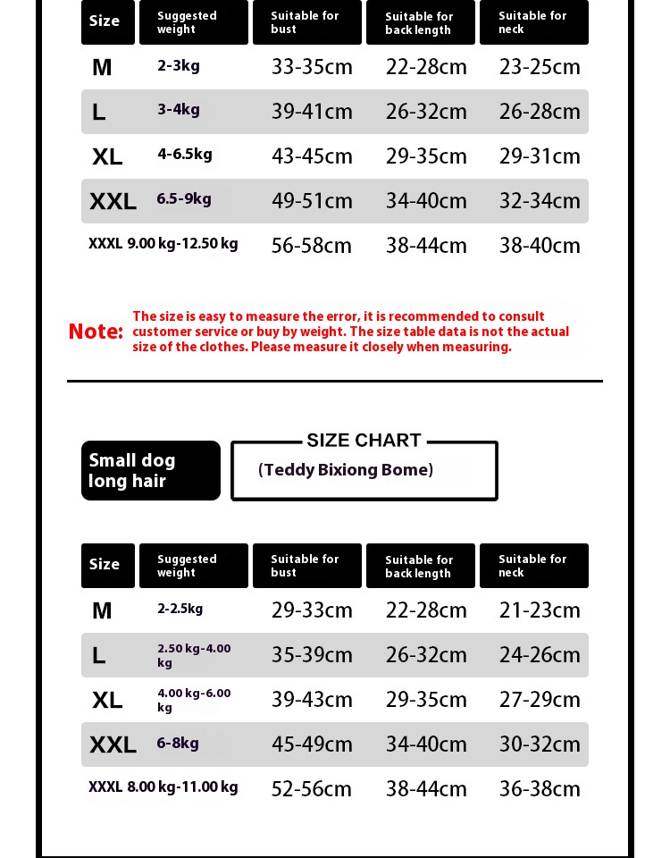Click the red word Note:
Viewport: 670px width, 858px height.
tap(96, 332)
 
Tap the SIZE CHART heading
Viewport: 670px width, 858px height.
tap(364, 441)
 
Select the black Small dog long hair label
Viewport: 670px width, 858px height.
tap(150, 471)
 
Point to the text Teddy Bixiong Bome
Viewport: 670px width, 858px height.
tap(346, 470)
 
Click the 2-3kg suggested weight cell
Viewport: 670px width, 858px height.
tap(179, 65)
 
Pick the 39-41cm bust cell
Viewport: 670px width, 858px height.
tap(312, 112)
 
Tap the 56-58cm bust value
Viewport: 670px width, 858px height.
tap(312, 246)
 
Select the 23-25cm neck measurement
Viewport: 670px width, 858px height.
tap(540, 67)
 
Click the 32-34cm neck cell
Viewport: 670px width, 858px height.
tap(540, 201)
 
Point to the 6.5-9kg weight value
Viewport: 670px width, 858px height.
tap(184, 198)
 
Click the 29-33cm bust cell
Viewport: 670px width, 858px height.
tap(312, 610)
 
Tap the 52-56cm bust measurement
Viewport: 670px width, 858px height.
tap(312, 789)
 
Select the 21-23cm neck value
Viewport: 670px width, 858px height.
tap(540, 610)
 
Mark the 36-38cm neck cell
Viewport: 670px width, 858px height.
tap(540, 789)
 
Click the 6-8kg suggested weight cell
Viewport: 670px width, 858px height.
tap(178, 743)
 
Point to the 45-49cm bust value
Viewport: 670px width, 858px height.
tap(312, 744)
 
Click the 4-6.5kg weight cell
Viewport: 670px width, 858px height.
tap(185, 154)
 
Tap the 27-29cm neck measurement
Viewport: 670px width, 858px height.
tap(540, 700)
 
